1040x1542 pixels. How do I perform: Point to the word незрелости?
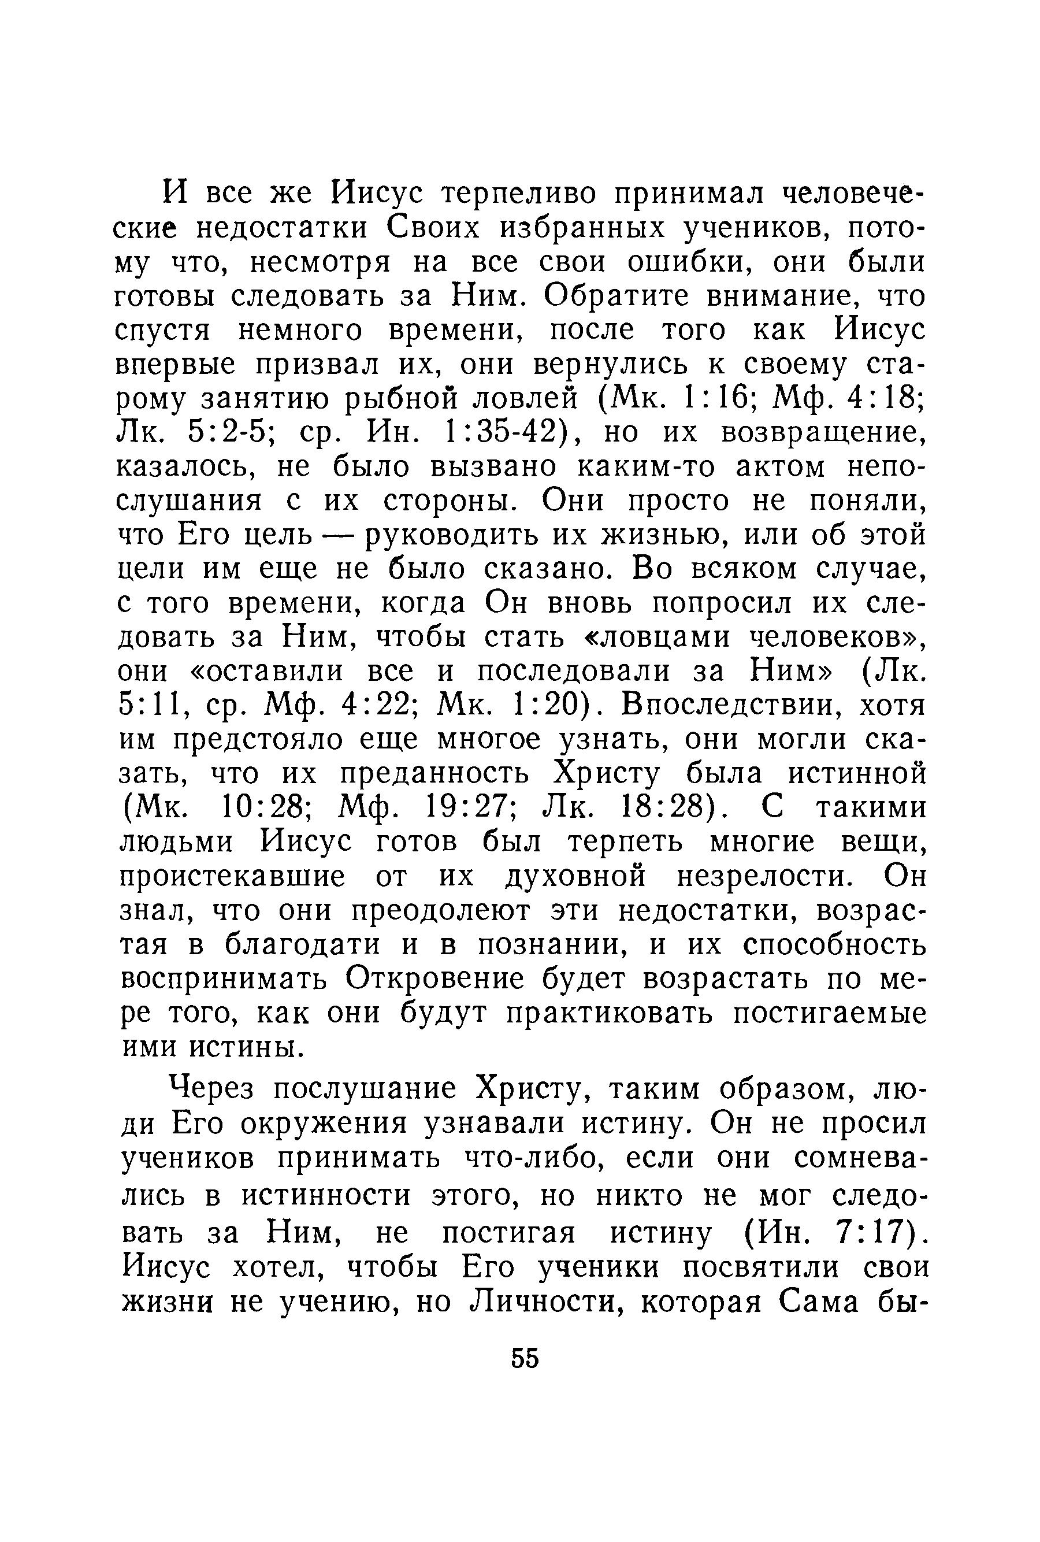[x=762, y=877]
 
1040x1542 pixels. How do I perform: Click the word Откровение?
[x=435, y=978]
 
